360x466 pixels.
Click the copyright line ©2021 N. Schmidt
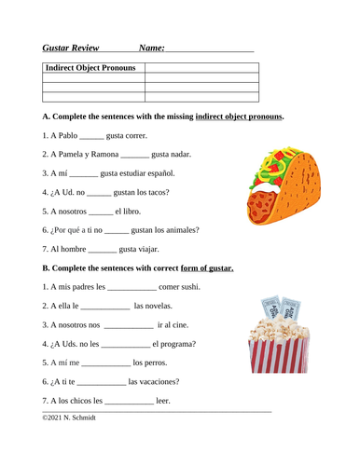69,418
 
